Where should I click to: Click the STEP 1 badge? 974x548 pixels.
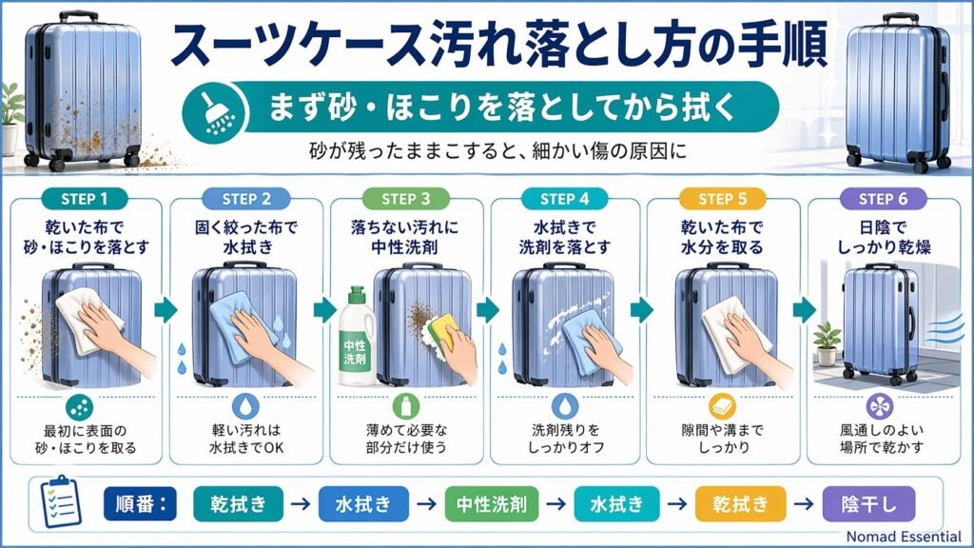pos(84,199)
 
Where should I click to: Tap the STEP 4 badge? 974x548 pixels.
pos(565,199)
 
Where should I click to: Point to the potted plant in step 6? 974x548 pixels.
pos(828,342)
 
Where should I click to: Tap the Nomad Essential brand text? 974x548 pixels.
pos(904,537)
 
